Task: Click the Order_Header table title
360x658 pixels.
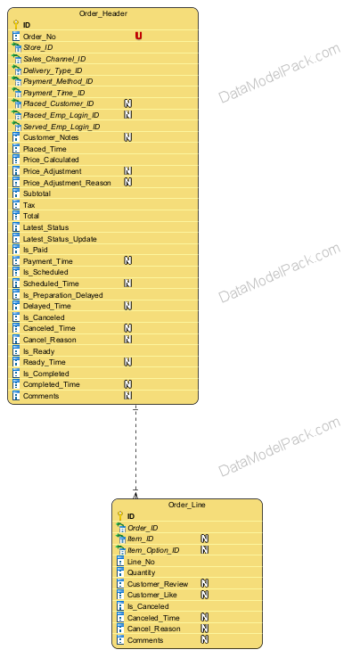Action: (102, 14)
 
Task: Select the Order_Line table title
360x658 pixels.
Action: (187, 505)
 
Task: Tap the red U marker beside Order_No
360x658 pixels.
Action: (138, 36)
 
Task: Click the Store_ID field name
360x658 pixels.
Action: (37, 47)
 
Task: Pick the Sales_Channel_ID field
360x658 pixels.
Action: (54, 59)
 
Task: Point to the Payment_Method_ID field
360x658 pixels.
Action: (58, 81)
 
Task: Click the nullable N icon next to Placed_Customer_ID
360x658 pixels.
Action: (128, 103)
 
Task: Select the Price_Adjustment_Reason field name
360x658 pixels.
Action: (67, 183)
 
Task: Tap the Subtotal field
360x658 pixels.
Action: (37, 193)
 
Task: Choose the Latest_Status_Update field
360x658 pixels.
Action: (60, 239)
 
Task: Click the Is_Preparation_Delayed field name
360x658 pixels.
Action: (62, 295)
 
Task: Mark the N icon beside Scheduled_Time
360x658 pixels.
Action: (128, 284)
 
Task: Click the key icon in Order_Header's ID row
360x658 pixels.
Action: (16, 24)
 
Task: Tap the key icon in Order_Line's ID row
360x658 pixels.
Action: (120, 515)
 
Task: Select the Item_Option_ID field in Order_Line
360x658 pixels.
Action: (153, 550)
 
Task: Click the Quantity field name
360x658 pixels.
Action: (142, 572)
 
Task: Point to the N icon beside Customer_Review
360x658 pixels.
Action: (204, 584)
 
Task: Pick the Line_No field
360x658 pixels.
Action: (141, 562)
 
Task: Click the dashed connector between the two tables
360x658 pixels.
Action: (135, 451)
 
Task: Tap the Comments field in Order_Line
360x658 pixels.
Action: (145, 640)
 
